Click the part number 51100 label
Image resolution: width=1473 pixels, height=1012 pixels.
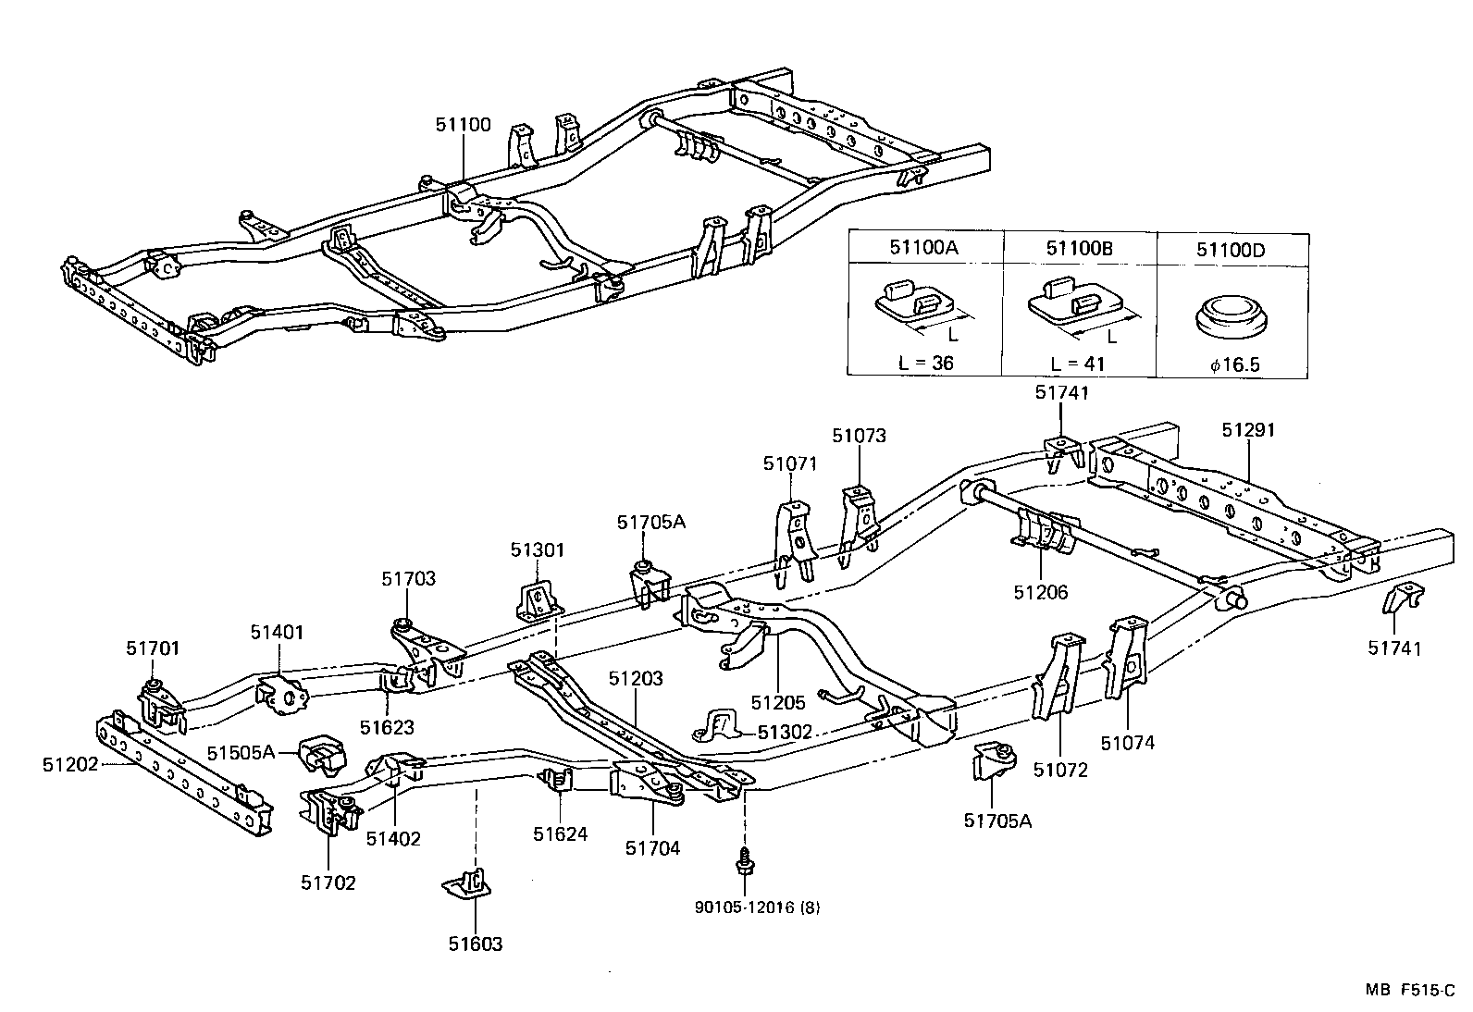(x=464, y=125)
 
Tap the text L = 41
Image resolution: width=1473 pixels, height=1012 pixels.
(x=1079, y=364)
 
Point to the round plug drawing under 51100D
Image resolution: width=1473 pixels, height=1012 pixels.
(x=1232, y=317)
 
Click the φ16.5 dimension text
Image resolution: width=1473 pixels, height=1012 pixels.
(x=1234, y=364)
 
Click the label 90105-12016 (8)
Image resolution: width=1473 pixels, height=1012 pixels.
(x=757, y=907)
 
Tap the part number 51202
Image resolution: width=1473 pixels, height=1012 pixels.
(x=69, y=764)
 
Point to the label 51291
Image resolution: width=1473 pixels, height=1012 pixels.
(x=1247, y=430)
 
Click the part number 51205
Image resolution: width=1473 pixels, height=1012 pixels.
(x=779, y=702)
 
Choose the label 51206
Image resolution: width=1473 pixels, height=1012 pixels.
(x=1041, y=592)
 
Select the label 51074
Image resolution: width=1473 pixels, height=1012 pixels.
(x=1128, y=742)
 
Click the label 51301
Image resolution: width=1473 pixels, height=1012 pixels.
(x=537, y=550)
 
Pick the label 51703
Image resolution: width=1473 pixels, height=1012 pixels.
(x=408, y=579)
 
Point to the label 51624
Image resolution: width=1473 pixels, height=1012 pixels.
(x=560, y=833)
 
